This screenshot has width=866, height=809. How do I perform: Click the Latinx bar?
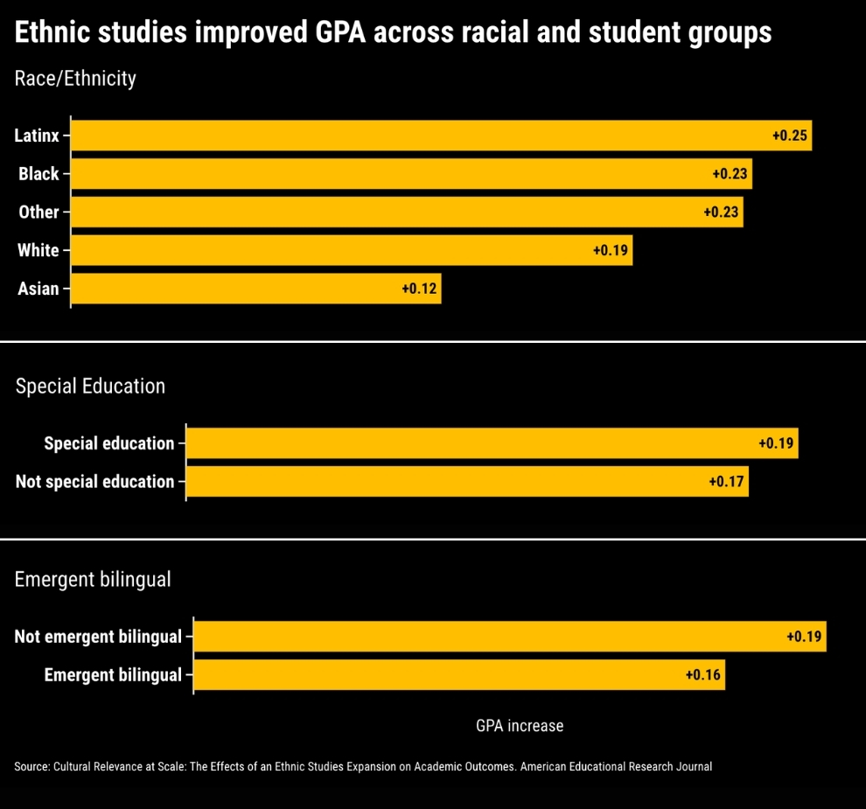pyautogui.click(x=441, y=136)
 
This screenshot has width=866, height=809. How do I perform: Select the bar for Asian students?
pyautogui.click(x=255, y=289)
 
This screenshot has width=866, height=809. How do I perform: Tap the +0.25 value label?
pyautogui.click(x=789, y=136)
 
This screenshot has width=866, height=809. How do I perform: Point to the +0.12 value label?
pyautogui.click(x=419, y=289)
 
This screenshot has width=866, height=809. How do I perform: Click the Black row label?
pyautogui.click(x=38, y=174)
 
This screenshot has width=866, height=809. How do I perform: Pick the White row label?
pyautogui.click(x=38, y=250)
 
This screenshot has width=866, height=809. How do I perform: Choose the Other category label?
pyautogui.click(x=38, y=212)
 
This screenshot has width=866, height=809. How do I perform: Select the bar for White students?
pyautogui.click(x=352, y=250)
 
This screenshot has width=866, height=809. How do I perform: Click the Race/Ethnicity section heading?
pyautogui.click(x=75, y=79)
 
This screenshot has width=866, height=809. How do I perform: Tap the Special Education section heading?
pyautogui.click(x=90, y=386)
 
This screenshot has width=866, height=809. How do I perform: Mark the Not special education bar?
pyautogui.click(x=467, y=482)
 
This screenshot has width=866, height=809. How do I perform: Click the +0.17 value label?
pyautogui.click(x=726, y=482)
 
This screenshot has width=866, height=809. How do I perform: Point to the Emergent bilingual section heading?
pyautogui.click(x=93, y=579)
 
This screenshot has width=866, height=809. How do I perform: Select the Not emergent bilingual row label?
pyautogui.click(x=98, y=637)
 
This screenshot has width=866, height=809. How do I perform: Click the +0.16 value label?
pyautogui.click(x=703, y=675)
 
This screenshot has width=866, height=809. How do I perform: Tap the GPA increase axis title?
pyautogui.click(x=520, y=726)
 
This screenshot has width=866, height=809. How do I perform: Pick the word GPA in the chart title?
pyautogui.click(x=340, y=32)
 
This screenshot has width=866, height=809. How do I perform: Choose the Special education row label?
pyautogui.click(x=108, y=443)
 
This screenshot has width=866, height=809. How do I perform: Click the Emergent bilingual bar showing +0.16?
pyautogui.click(x=459, y=675)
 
